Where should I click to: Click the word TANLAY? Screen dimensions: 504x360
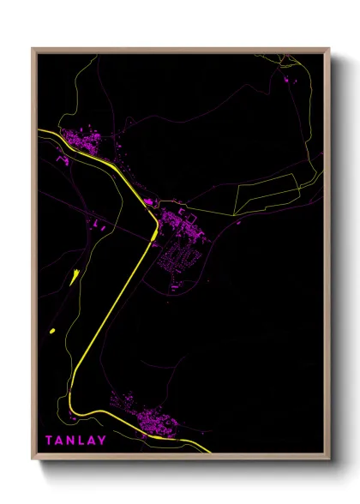(76, 441)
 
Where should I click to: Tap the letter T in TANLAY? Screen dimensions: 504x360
(50, 441)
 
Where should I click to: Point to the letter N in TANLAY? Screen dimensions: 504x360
(71, 441)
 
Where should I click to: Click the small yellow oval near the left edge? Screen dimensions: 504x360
(53, 331)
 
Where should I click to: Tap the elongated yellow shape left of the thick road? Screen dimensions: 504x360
(75, 276)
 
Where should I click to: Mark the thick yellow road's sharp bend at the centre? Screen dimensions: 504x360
(155, 225)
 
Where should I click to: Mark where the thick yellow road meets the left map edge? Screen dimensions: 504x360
(39, 130)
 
